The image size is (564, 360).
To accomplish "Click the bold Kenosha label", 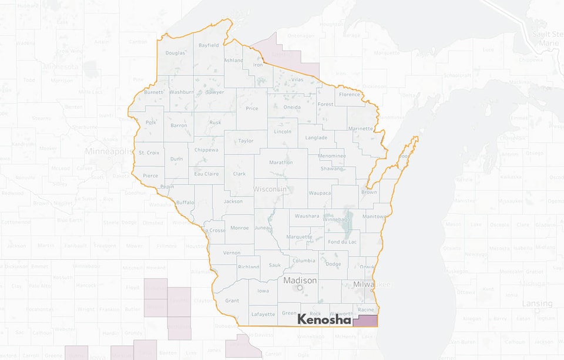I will [324, 319].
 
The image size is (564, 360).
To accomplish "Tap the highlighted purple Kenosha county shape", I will [365, 321].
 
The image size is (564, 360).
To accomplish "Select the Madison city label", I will [300, 281].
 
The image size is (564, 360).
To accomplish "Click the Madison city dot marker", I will [300, 288].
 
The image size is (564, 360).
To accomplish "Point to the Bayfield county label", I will [209, 45].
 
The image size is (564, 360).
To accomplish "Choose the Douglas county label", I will [175, 53].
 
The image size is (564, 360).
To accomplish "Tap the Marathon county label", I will [281, 162].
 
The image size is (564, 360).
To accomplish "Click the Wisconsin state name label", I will [270, 189].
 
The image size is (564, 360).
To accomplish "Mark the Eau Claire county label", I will [206, 174].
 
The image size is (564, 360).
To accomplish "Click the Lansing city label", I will [538, 304].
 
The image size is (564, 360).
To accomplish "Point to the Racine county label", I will [365, 309].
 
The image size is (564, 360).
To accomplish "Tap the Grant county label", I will [232, 301].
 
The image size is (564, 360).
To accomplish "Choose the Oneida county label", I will [292, 107].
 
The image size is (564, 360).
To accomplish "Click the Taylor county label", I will [246, 141].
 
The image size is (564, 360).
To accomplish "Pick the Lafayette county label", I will [263, 314].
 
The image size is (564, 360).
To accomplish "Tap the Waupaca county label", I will [320, 193].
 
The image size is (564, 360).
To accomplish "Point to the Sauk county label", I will [274, 265].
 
